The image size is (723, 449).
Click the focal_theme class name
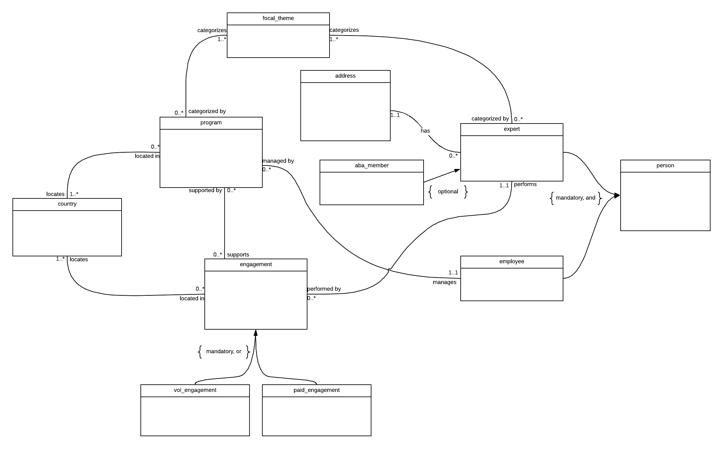(278, 19)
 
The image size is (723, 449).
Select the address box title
(345, 76)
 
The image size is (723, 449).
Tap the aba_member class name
(372, 166)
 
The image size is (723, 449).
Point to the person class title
(665, 166)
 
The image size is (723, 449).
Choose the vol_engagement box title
(195, 390)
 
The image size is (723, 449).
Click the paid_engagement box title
(316, 390)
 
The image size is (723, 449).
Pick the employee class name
(512, 262)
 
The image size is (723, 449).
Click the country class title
(67, 204)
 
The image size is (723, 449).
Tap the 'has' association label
(425, 131)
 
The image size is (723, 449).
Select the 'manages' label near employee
(444, 282)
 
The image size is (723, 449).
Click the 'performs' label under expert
(525, 184)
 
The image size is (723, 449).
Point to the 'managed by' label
(278, 161)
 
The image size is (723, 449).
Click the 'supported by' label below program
(205, 190)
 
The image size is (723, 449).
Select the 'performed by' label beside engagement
(324, 289)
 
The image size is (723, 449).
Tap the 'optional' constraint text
(448, 192)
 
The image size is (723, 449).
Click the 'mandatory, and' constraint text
(576, 198)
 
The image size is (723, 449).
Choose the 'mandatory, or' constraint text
(224, 351)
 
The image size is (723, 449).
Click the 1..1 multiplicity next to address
(395, 115)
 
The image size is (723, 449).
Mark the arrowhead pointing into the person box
(617, 196)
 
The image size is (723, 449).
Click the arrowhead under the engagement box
(256, 333)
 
